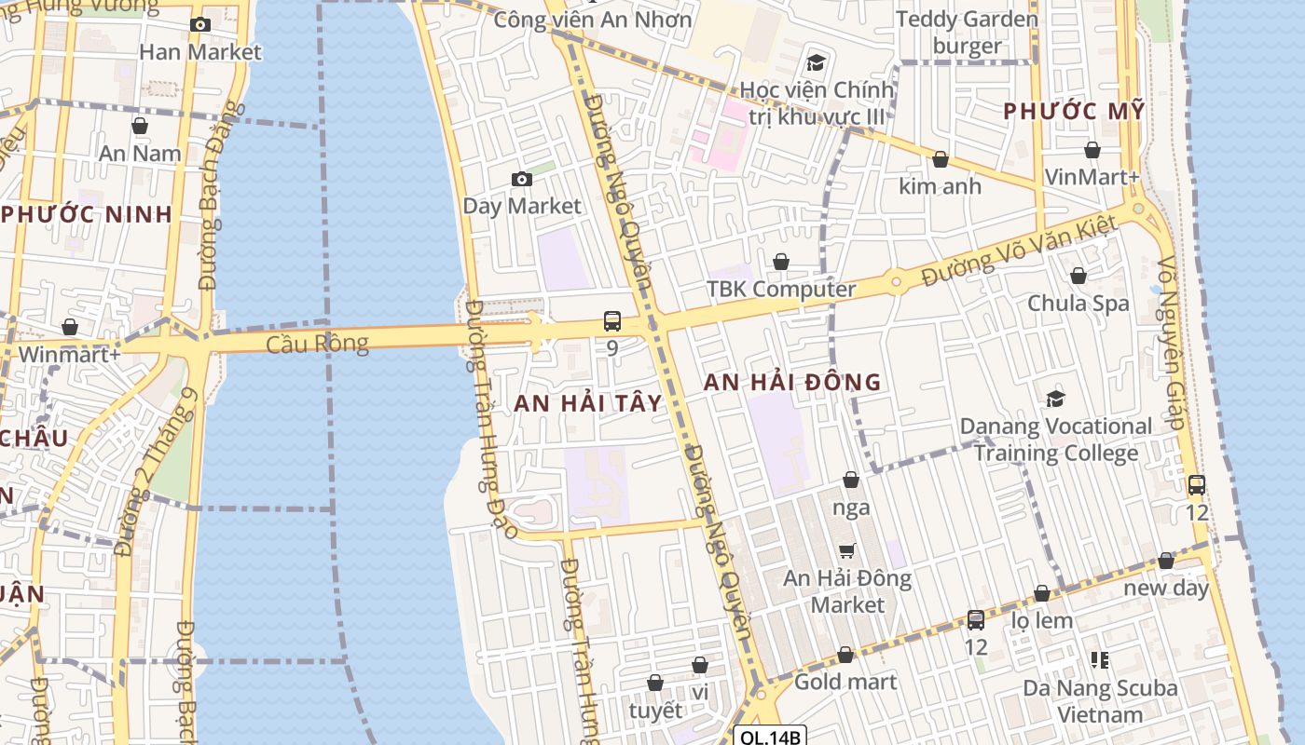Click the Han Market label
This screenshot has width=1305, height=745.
point(200,52)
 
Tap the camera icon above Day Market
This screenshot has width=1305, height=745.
point(522,179)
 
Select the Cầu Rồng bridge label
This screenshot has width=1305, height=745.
point(317,344)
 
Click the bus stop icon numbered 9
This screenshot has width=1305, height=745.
point(612,321)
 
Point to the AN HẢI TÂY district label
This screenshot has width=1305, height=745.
point(588,403)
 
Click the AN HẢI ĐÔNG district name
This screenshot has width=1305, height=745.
point(791,382)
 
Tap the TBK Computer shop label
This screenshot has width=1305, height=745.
point(781,289)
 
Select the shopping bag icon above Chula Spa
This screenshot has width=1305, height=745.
point(1078,276)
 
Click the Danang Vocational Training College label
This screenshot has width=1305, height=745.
point(1056,440)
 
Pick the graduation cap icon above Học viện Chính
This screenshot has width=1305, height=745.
point(817,63)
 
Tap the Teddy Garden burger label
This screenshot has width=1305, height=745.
point(967,32)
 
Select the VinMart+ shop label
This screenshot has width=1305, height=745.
point(1092,177)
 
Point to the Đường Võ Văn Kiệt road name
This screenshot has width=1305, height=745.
point(1018,251)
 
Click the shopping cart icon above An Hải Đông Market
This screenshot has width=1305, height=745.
point(847,551)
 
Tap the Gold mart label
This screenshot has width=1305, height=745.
point(845,682)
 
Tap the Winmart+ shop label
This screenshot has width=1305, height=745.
point(69,355)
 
